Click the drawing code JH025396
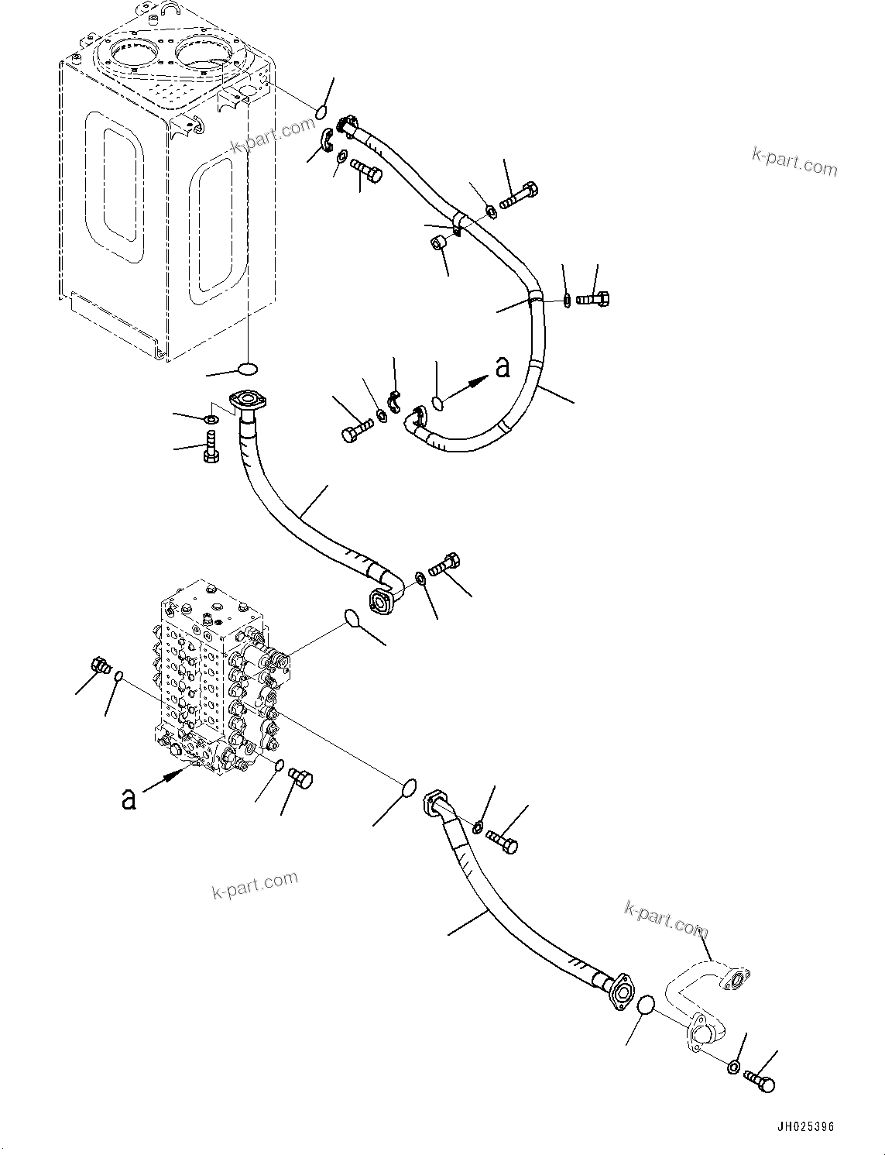click(x=803, y=1127)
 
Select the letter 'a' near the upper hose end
click(x=503, y=367)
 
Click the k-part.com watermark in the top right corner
click(x=794, y=162)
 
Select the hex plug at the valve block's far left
click(x=99, y=665)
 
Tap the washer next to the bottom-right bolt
click(x=732, y=1067)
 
